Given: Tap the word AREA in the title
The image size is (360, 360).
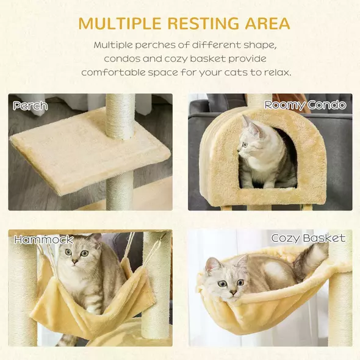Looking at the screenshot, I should click(262, 24).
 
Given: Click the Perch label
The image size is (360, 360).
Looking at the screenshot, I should click(31, 106).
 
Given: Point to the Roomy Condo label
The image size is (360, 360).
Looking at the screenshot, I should click(305, 105).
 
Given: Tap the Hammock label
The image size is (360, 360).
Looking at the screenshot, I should click(43, 240).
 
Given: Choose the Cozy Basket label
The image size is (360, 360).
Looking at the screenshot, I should click(308, 238).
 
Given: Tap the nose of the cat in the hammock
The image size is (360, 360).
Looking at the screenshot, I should click(75, 262).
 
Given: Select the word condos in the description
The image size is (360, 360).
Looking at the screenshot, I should click(126, 59).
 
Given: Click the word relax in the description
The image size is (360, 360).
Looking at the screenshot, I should click(276, 72).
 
